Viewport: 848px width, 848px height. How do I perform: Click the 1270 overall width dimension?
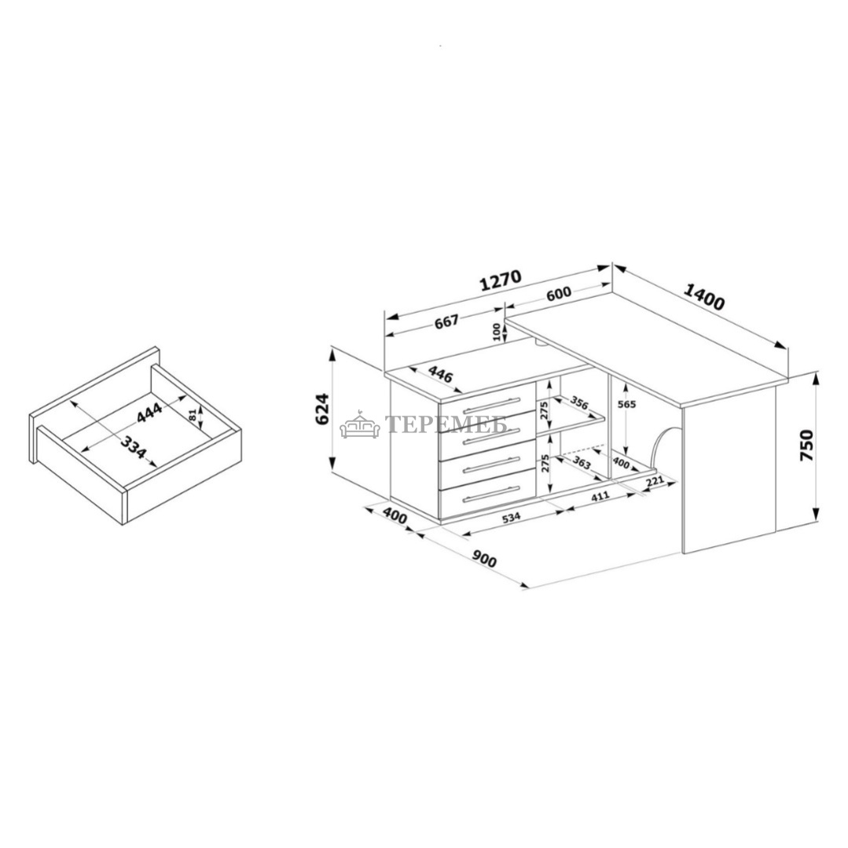pos(501,280)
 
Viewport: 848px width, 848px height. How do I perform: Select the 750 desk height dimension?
pos(806,445)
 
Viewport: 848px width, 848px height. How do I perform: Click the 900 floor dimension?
pos(484,559)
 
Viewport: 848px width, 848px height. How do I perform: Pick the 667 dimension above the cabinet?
pos(446,322)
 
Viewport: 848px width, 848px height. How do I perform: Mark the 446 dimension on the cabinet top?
pos(439,374)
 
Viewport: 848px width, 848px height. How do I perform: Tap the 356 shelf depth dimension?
pos(578,405)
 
